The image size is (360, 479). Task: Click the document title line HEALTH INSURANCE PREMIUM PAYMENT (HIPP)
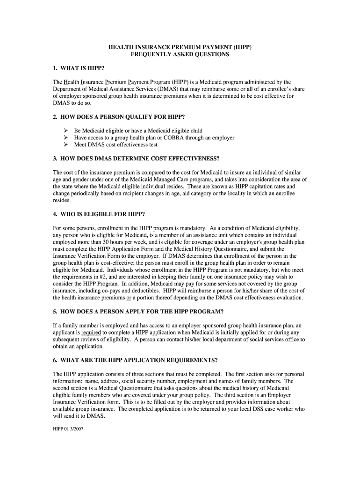click(x=180, y=48)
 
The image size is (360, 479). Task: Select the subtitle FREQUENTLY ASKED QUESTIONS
click(x=180, y=55)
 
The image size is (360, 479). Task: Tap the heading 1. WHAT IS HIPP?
click(x=79, y=68)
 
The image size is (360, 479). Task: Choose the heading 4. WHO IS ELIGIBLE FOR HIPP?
click(x=99, y=214)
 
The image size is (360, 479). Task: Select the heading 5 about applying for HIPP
click(x=131, y=312)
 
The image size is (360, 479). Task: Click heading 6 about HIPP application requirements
click(x=135, y=360)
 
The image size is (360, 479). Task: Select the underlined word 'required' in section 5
click(x=91, y=333)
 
